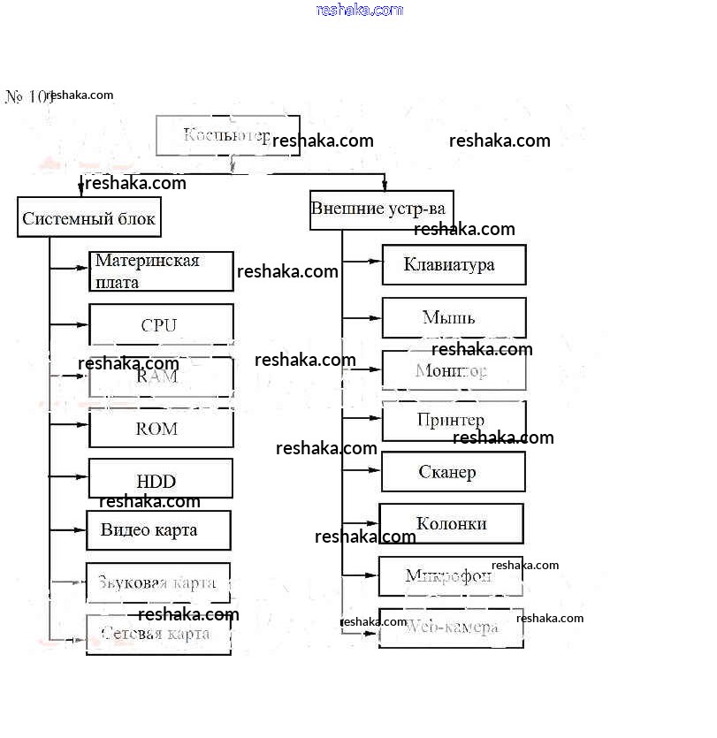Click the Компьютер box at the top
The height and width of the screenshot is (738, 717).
click(x=227, y=135)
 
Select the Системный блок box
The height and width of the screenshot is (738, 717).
click(x=89, y=217)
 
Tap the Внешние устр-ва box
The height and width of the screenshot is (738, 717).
click(x=381, y=210)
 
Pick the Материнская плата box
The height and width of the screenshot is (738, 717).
click(x=161, y=271)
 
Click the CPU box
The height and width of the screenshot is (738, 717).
click(x=161, y=324)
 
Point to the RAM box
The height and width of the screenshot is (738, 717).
click(x=161, y=377)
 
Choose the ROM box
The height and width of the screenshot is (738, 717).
click(x=161, y=429)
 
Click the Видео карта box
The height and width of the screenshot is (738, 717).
click(x=158, y=530)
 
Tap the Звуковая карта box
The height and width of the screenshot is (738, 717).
click(x=158, y=582)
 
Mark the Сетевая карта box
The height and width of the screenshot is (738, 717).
click(x=158, y=634)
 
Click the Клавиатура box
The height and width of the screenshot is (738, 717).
click(x=454, y=264)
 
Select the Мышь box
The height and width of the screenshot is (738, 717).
click(x=454, y=317)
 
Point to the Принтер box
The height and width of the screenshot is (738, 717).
click(x=454, y=421)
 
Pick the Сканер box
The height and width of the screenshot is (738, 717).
click(x=453, y=472)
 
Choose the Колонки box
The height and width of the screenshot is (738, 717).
click(x=451, y=523)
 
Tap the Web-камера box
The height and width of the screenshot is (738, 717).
click(x=451, y=628)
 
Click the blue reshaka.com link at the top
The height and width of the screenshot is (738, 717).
click(x=359, y=10)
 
